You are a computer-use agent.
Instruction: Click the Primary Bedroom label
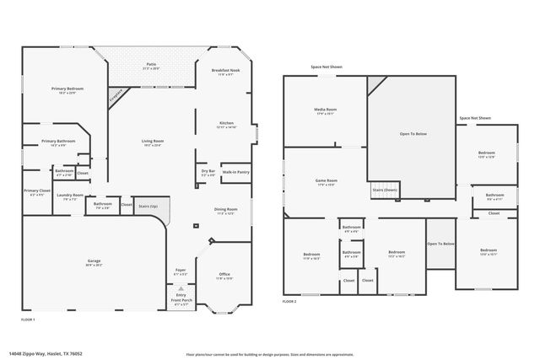[67, 89]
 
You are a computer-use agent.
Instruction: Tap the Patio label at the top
[150, 64]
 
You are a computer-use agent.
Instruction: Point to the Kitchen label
[225, 123]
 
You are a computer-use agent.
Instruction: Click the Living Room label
[152, 142]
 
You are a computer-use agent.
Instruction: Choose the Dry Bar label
[207, 171]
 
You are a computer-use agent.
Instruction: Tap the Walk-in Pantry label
[235, 171]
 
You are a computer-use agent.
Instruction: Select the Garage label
[94, 261]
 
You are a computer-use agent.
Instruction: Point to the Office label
[224, 274]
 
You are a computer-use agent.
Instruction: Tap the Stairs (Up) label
[148, 205]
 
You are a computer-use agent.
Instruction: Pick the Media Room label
[326, 109]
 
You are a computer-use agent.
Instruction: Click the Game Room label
[326, 180]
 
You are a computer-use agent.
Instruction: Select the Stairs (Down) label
[385, 190]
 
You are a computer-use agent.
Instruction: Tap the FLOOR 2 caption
[290, 301]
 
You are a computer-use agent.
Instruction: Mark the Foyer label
[181, 271]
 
